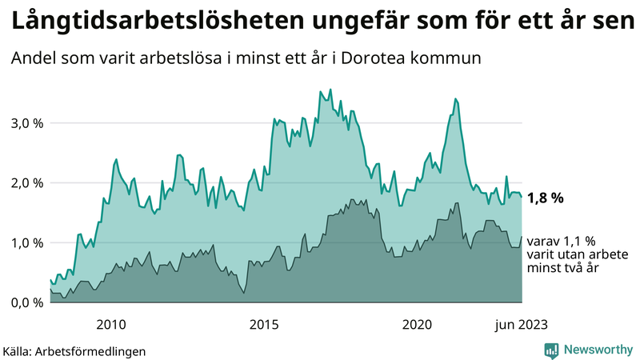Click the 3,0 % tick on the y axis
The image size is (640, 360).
26,123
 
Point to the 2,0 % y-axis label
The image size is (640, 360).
26,182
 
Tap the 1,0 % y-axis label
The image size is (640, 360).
26,242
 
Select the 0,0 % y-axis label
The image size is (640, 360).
26,302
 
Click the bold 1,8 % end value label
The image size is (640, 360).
546,198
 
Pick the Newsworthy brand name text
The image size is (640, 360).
598,350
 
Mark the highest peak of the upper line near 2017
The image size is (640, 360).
320,91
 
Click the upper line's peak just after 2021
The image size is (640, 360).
454,98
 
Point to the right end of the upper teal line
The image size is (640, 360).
522,196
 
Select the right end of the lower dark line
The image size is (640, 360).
522,236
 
